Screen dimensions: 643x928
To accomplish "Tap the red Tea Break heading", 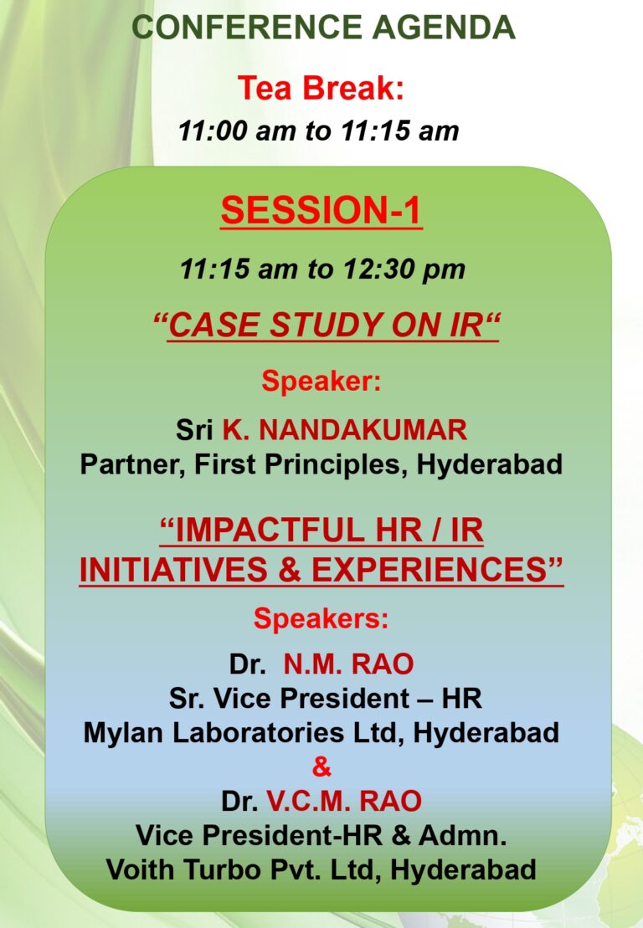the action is coord(321,88).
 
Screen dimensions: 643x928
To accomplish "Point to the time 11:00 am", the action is coord(236,131).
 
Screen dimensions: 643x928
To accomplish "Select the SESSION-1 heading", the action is coord(321,210).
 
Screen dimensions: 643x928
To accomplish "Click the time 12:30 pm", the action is coord(404,269).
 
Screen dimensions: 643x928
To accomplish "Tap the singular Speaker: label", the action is coord(321,381).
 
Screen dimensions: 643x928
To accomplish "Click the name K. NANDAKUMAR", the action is coord(345,429).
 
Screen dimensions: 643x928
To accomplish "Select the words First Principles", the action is coord(301,464).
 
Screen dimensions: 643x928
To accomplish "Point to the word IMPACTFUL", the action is coord(270,530).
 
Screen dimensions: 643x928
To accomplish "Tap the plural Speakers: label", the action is coord(321,618).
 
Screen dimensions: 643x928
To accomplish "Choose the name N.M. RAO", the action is coord(348,664).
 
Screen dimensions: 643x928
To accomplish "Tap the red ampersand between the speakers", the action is coord(321,767).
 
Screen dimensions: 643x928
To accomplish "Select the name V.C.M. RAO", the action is coord(344,802).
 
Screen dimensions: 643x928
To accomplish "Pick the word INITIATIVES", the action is coord(172,569).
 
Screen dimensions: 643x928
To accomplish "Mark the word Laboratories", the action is coord(258,733).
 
